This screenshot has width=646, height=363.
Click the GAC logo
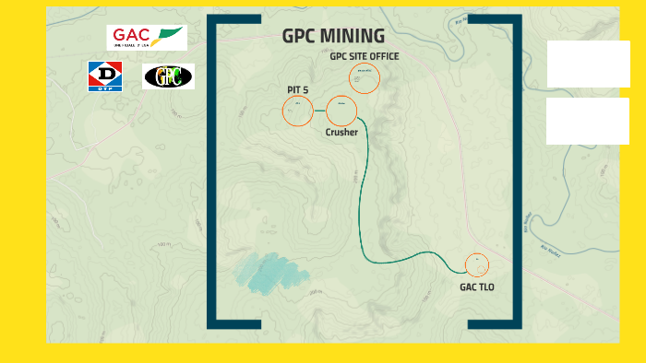point(146,38)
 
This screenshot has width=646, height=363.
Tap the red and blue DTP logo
point(105,76)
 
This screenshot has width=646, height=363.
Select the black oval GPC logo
point(168,76)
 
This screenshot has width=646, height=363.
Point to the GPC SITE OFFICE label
point(365,56)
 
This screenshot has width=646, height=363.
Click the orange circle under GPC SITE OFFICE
point(365,78)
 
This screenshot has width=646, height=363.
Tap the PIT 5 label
point(297,89)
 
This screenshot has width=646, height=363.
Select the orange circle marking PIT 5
point(297,111)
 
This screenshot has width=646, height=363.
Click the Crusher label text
point(341,133)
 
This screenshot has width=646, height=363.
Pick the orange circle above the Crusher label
point(341,111)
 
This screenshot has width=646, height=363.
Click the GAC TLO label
point(477,287)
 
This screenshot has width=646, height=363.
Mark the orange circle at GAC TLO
point(477,264)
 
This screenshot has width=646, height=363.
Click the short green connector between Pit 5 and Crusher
point(319,111)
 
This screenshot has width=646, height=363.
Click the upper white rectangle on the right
point(588,64)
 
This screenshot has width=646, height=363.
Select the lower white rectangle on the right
point(588,121)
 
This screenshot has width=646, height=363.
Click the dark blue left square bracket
point(212,171)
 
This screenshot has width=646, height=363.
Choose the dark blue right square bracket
point(517,171)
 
